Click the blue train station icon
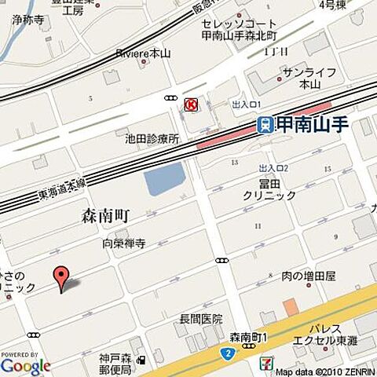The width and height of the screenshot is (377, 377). (x=265, y=123)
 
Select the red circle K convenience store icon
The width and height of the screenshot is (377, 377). (x=189, y=104)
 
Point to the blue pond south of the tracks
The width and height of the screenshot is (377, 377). (x=163, y=181)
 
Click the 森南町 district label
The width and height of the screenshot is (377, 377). (x=105, y=215)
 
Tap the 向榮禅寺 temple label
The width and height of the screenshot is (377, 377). (x=124, y=244)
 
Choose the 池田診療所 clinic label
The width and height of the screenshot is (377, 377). (x=152, y=139)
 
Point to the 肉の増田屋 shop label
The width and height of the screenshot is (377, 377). (x=309, y=276)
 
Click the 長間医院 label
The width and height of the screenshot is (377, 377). (x=201, y=319)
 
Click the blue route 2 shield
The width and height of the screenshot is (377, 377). (x=226, y=354)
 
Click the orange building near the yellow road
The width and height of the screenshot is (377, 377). (x=291, y=307)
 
